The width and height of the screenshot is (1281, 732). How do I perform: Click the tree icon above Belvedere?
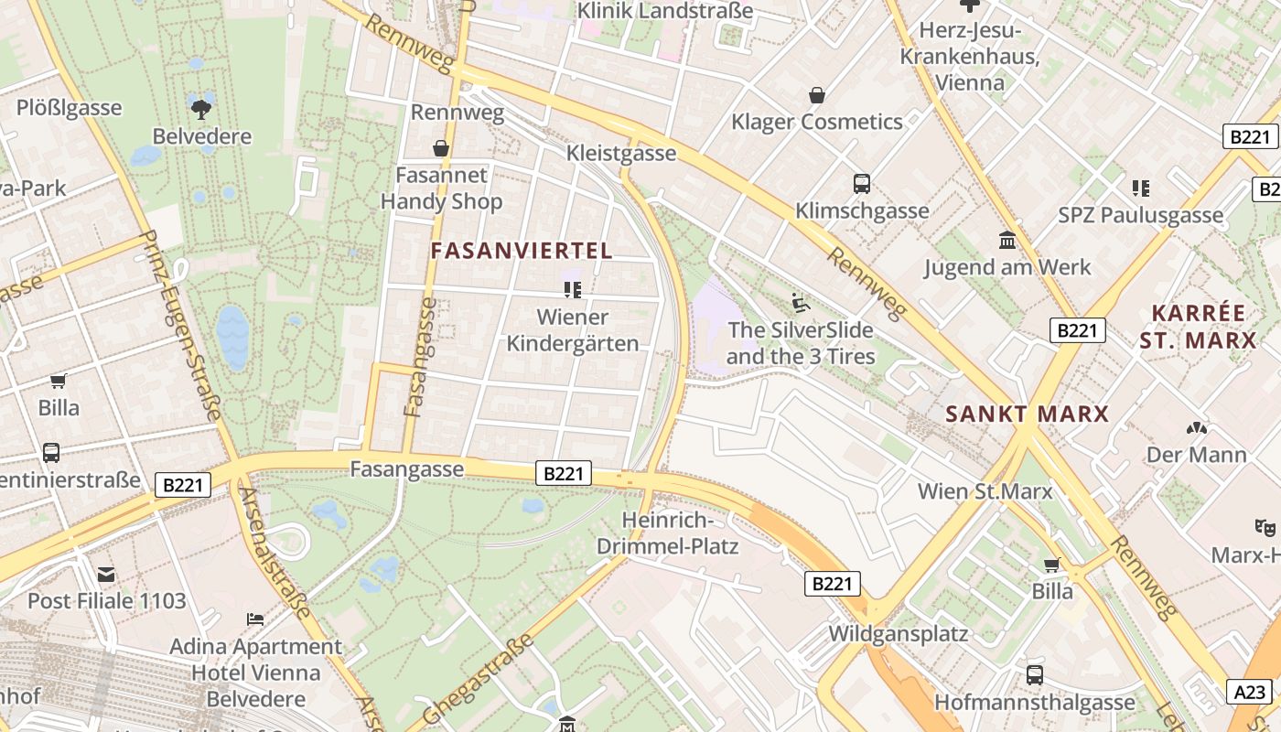coord(200,109)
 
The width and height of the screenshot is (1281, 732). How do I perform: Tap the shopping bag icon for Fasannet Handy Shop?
coord(441,148)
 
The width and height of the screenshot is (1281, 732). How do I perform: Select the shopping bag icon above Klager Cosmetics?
coord(816,95)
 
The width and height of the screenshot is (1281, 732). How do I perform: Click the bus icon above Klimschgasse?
coord(861,184)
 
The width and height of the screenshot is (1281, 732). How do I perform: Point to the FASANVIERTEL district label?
coord(521,251)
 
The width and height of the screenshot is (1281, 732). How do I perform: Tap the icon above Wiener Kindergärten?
coord(573,290)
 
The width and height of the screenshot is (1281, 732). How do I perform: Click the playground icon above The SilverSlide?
coord(801,301)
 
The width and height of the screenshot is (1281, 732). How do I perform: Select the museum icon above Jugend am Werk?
coord(1007,241)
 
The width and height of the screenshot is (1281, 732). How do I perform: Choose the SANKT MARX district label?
coord(1027,414)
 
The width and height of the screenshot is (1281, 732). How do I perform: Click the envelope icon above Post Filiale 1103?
coord(106,575)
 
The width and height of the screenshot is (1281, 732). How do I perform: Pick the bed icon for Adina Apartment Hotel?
coord(255,619)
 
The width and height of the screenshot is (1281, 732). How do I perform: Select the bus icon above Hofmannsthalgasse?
coord(1034,675)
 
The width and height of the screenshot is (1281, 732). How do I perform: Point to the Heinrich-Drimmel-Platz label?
coord(667,533)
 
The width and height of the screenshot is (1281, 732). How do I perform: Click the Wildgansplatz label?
coord(898,633)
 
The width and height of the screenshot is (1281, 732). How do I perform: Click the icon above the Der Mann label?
coord(1196,427)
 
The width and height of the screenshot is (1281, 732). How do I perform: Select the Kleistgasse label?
coord(621,153)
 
